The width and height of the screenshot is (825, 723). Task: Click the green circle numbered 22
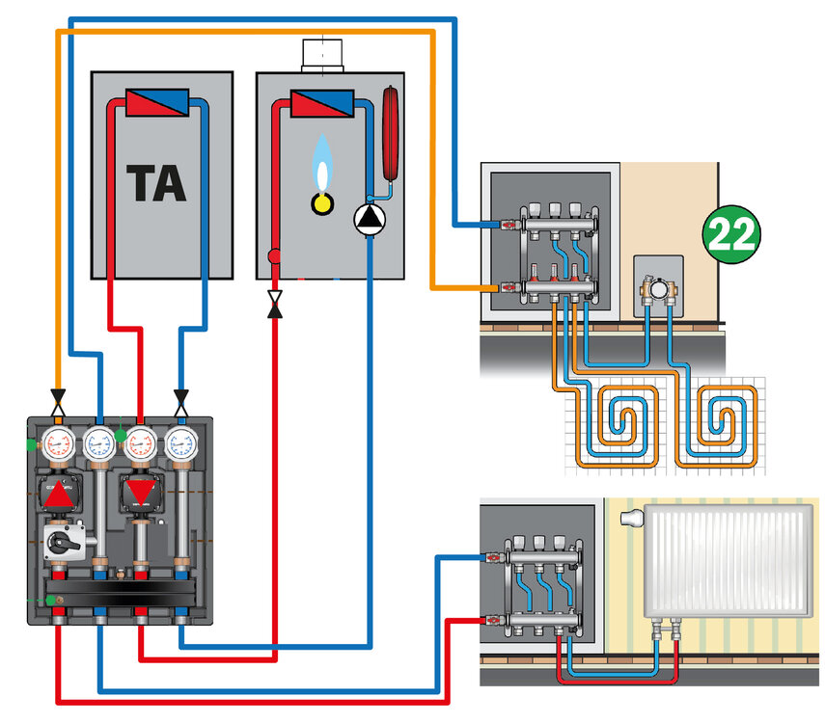coord(730,233)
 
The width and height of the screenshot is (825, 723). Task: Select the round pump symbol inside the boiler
coord(369,221)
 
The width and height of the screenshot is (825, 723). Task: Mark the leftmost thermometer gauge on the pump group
coord(60,443)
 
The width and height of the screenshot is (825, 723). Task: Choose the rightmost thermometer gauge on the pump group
coord(180,443)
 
